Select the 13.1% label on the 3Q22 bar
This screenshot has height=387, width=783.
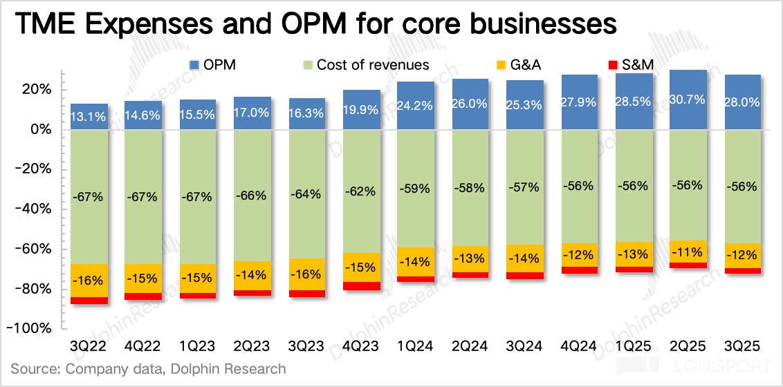pyautogui.click(x=89, y=117)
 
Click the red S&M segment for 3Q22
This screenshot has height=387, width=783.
pyautogui.click(x=89, y=301)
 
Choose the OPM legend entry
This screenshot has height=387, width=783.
pyautogui.click(x=217, y=65)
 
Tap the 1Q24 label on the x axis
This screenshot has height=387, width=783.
pyautogui.click(x=416, y=346)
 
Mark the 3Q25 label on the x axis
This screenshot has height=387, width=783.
pyautogui.click(x=742, y=346)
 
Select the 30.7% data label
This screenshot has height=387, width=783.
pyautogui.click(x=688, y=100)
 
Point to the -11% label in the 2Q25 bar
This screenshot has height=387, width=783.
pyautogui.click(x=688, y=252)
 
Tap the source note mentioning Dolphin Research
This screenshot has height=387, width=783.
pyautogui.click(x=148, y=369)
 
